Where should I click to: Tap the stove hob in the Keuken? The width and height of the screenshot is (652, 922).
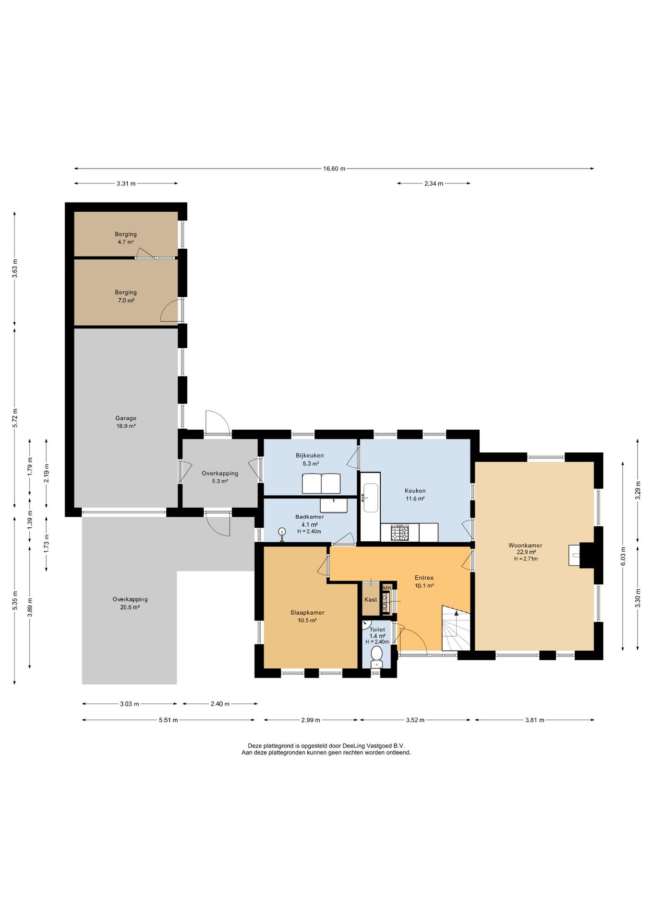click(x=400, y=533)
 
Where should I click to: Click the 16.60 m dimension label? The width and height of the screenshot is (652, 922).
click(x=334, y=169)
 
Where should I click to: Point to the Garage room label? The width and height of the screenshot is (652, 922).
click(x=126, y=418)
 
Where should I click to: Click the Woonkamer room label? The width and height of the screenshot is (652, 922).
click(x=525, y=546)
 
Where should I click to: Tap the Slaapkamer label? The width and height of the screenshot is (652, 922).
click(x=307, y=613)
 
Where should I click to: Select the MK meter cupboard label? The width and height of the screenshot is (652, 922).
click(x=387, y=587)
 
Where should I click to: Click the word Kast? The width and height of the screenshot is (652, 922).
click(x=371, y=600)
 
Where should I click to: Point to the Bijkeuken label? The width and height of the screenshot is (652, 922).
click(x=310, y=455)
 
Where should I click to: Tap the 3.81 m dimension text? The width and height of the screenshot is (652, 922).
click(x=534, y=720)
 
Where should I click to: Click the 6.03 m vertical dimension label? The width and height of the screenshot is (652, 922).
click(x=623, y=556)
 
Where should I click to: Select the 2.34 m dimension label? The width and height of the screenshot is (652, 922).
click(x=434, y=183)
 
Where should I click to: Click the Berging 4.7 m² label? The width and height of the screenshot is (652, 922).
click(x=126, y=238)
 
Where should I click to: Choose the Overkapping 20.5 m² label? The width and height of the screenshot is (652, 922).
click(x=130, y=603)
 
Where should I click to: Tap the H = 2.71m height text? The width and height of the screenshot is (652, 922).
click(x=526, y=559)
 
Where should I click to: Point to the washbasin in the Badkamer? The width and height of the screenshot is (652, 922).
click(x=334, y=506)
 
